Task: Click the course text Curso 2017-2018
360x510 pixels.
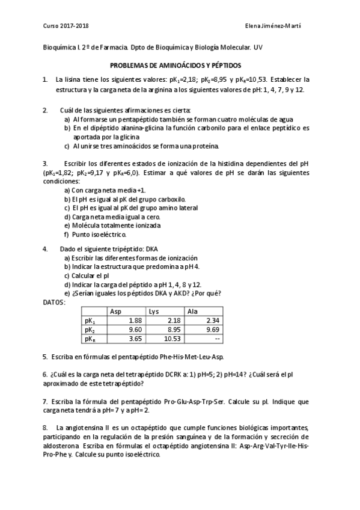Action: [66, 26]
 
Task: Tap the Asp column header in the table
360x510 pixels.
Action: [116, 311]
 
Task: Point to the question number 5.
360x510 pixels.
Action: [45, 357]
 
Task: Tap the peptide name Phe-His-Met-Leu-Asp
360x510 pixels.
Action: [186, 357]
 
